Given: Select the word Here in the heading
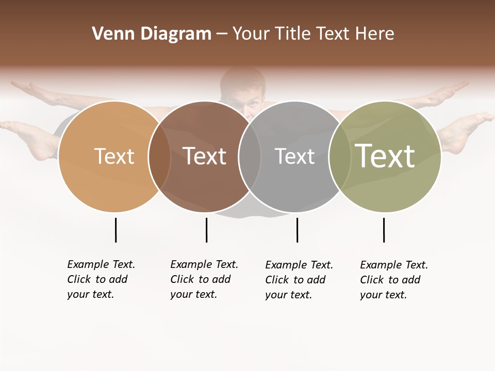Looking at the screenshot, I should click(375, 34).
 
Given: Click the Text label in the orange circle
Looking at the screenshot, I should click(114, 157).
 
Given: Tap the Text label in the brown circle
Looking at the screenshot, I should click(204, 157).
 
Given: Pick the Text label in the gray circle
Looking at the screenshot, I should click(294, 157).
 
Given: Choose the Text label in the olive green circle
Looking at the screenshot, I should click(385, 156).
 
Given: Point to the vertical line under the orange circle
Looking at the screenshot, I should click(115, 230).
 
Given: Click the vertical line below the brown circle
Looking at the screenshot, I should click(206, 230).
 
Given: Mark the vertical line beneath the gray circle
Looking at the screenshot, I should click(297, 230).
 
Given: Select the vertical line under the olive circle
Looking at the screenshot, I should click(384, 230).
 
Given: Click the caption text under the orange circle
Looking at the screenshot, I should click(101, 279).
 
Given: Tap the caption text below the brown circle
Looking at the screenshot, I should click(204, 279).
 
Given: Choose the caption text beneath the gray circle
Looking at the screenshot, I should click(299, 280).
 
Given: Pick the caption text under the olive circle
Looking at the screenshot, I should click(394, 280).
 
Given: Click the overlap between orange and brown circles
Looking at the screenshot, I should click(159, 157).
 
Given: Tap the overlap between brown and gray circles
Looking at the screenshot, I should click(250, 157).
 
